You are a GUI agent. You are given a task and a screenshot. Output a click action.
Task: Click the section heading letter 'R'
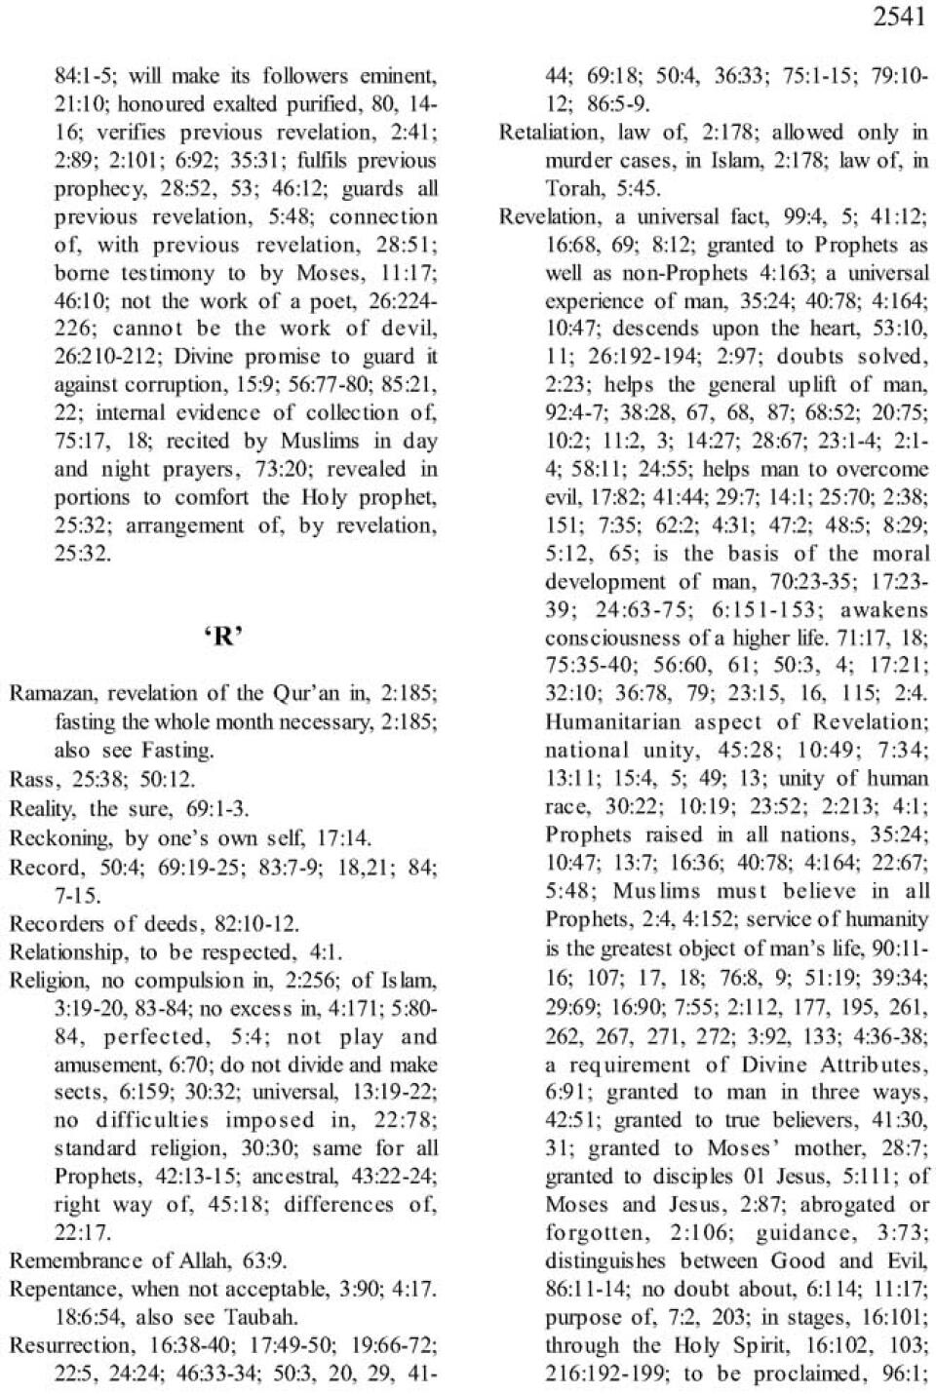click(223, 637)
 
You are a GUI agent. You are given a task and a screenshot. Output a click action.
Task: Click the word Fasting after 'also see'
click(180, 751)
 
